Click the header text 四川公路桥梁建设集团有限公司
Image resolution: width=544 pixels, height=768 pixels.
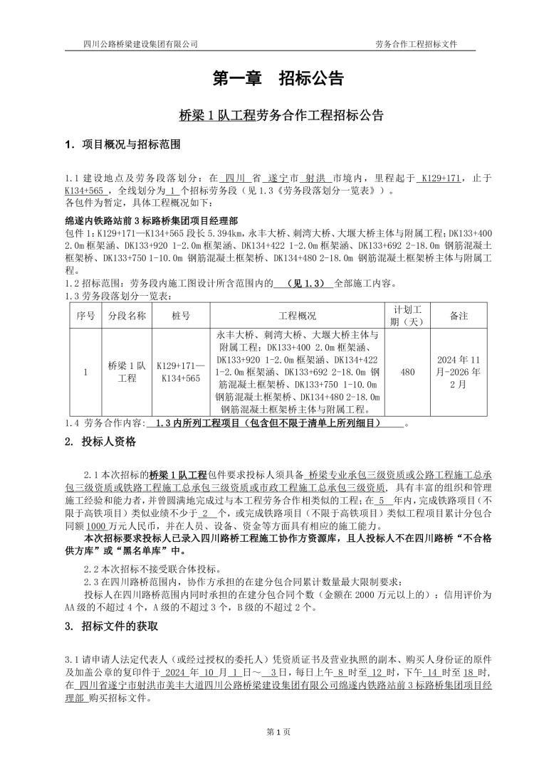(140, 44)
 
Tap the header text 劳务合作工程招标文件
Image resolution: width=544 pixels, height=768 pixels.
(416, 44)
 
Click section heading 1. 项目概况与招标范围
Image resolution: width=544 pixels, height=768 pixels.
(122, 145)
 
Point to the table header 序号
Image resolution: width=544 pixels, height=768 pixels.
(85, 316)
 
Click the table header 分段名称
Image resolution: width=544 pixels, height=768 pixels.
(127, 316)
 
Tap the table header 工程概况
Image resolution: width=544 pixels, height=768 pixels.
(297, 316)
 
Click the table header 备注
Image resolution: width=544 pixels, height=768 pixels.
(459, 316)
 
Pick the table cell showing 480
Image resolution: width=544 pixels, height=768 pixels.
(408, 372)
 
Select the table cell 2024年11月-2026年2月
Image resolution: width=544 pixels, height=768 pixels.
(459, 372)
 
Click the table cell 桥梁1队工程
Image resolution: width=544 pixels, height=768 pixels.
(127, 372)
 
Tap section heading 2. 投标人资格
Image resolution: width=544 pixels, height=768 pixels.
(100, 442)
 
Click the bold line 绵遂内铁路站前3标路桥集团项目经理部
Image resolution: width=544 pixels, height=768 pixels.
(152, 220)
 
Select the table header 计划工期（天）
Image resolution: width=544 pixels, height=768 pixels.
(408, 316)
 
